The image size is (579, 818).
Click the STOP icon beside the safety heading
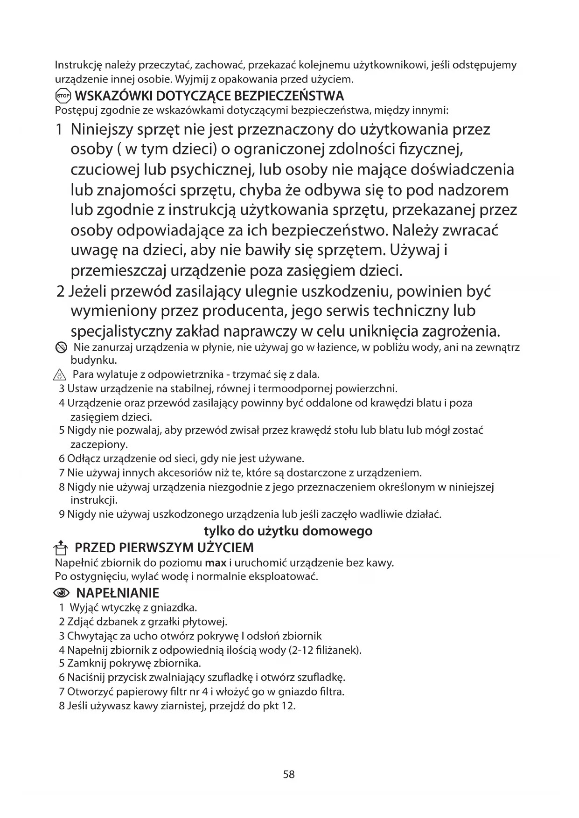tap(63, 97)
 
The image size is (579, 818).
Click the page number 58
tap(289, 775)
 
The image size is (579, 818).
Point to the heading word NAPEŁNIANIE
tap(117, 593)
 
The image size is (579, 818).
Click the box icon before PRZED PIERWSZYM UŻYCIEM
tap(61, 547)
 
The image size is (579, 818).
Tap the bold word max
tap(215, 563)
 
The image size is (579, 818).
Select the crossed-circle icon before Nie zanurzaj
tap(60, 347)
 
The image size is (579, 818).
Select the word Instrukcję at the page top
tap(77, 65)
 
